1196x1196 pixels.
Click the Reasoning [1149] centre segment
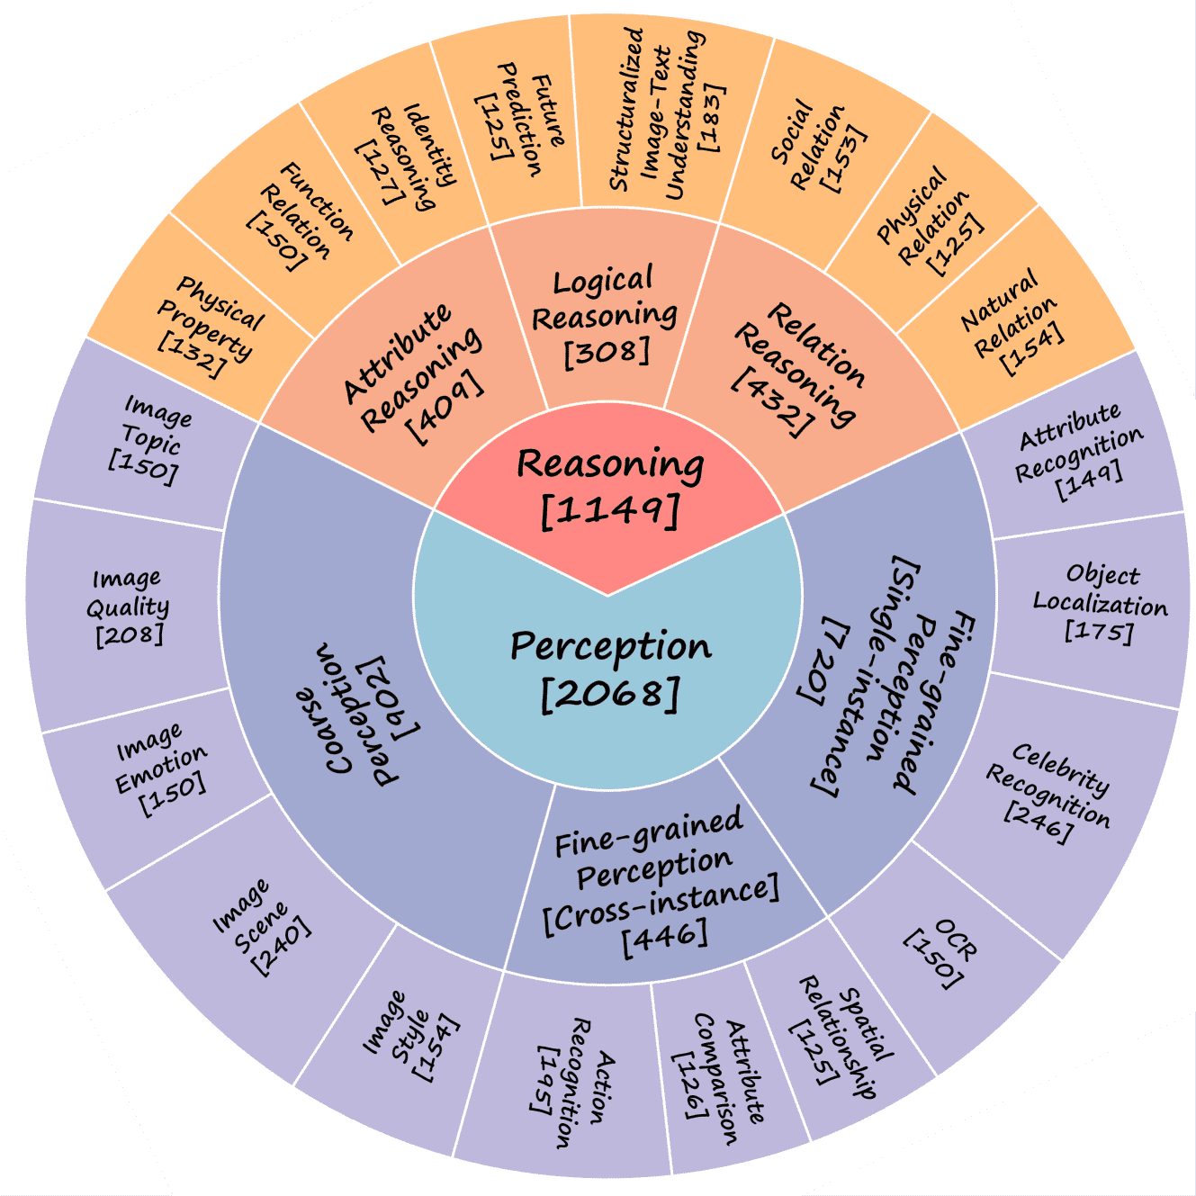pyautogui.click(x=609, y=486)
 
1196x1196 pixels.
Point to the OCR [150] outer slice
pyautogui.click(x=940, y=954)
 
